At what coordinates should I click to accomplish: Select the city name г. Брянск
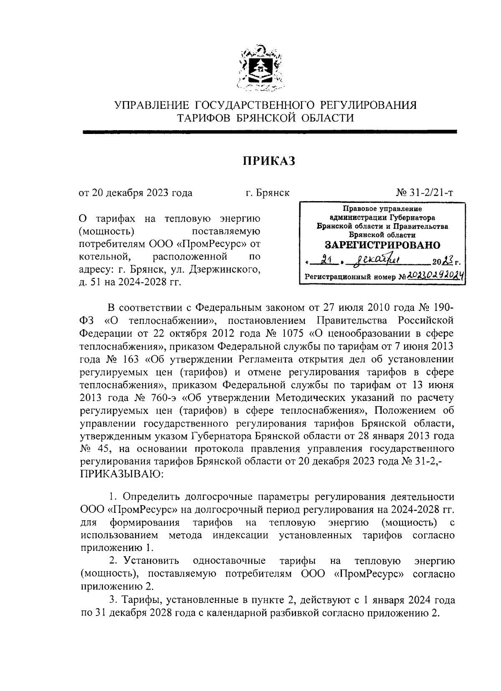point(267,193)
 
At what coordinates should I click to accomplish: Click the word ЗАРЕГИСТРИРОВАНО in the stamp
point(382,245)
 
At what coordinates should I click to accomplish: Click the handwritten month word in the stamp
point(375,262)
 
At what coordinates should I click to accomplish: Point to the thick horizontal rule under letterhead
point(269,132)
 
